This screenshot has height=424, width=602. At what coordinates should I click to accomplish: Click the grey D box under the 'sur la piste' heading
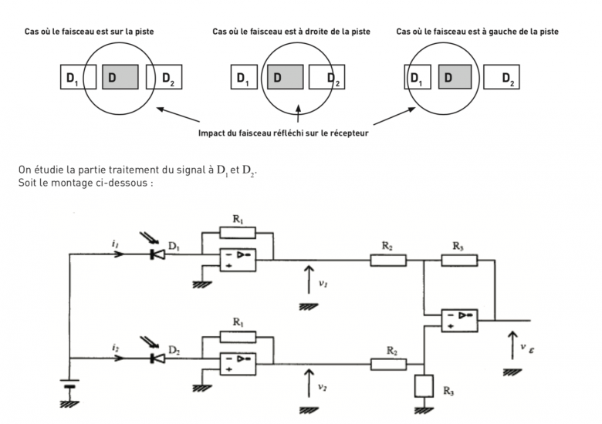pyautogui.click(x=120, y=77)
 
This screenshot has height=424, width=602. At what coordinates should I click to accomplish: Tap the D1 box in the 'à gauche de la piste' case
pyautogui.click(x=418, y=77)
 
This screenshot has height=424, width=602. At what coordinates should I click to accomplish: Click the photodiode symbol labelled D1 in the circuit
pyautogui.click(x=157, y=253)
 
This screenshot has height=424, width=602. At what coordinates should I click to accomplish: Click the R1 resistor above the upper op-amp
pyautogui.click(x=238, y=232)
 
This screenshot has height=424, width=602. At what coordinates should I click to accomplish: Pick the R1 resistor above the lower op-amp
pyautogui.click(x=238, y=337)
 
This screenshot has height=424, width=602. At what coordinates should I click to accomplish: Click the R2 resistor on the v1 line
pyautogui.click(x=388, y=260)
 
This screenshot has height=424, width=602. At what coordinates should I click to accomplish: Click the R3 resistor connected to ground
pyautogui.click(x=422, y=385)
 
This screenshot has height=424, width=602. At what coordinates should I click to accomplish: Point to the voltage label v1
pyautogui.click(x=323, y=282)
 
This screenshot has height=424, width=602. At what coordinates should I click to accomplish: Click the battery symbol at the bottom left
pyautogui.click(x=70, y=386)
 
